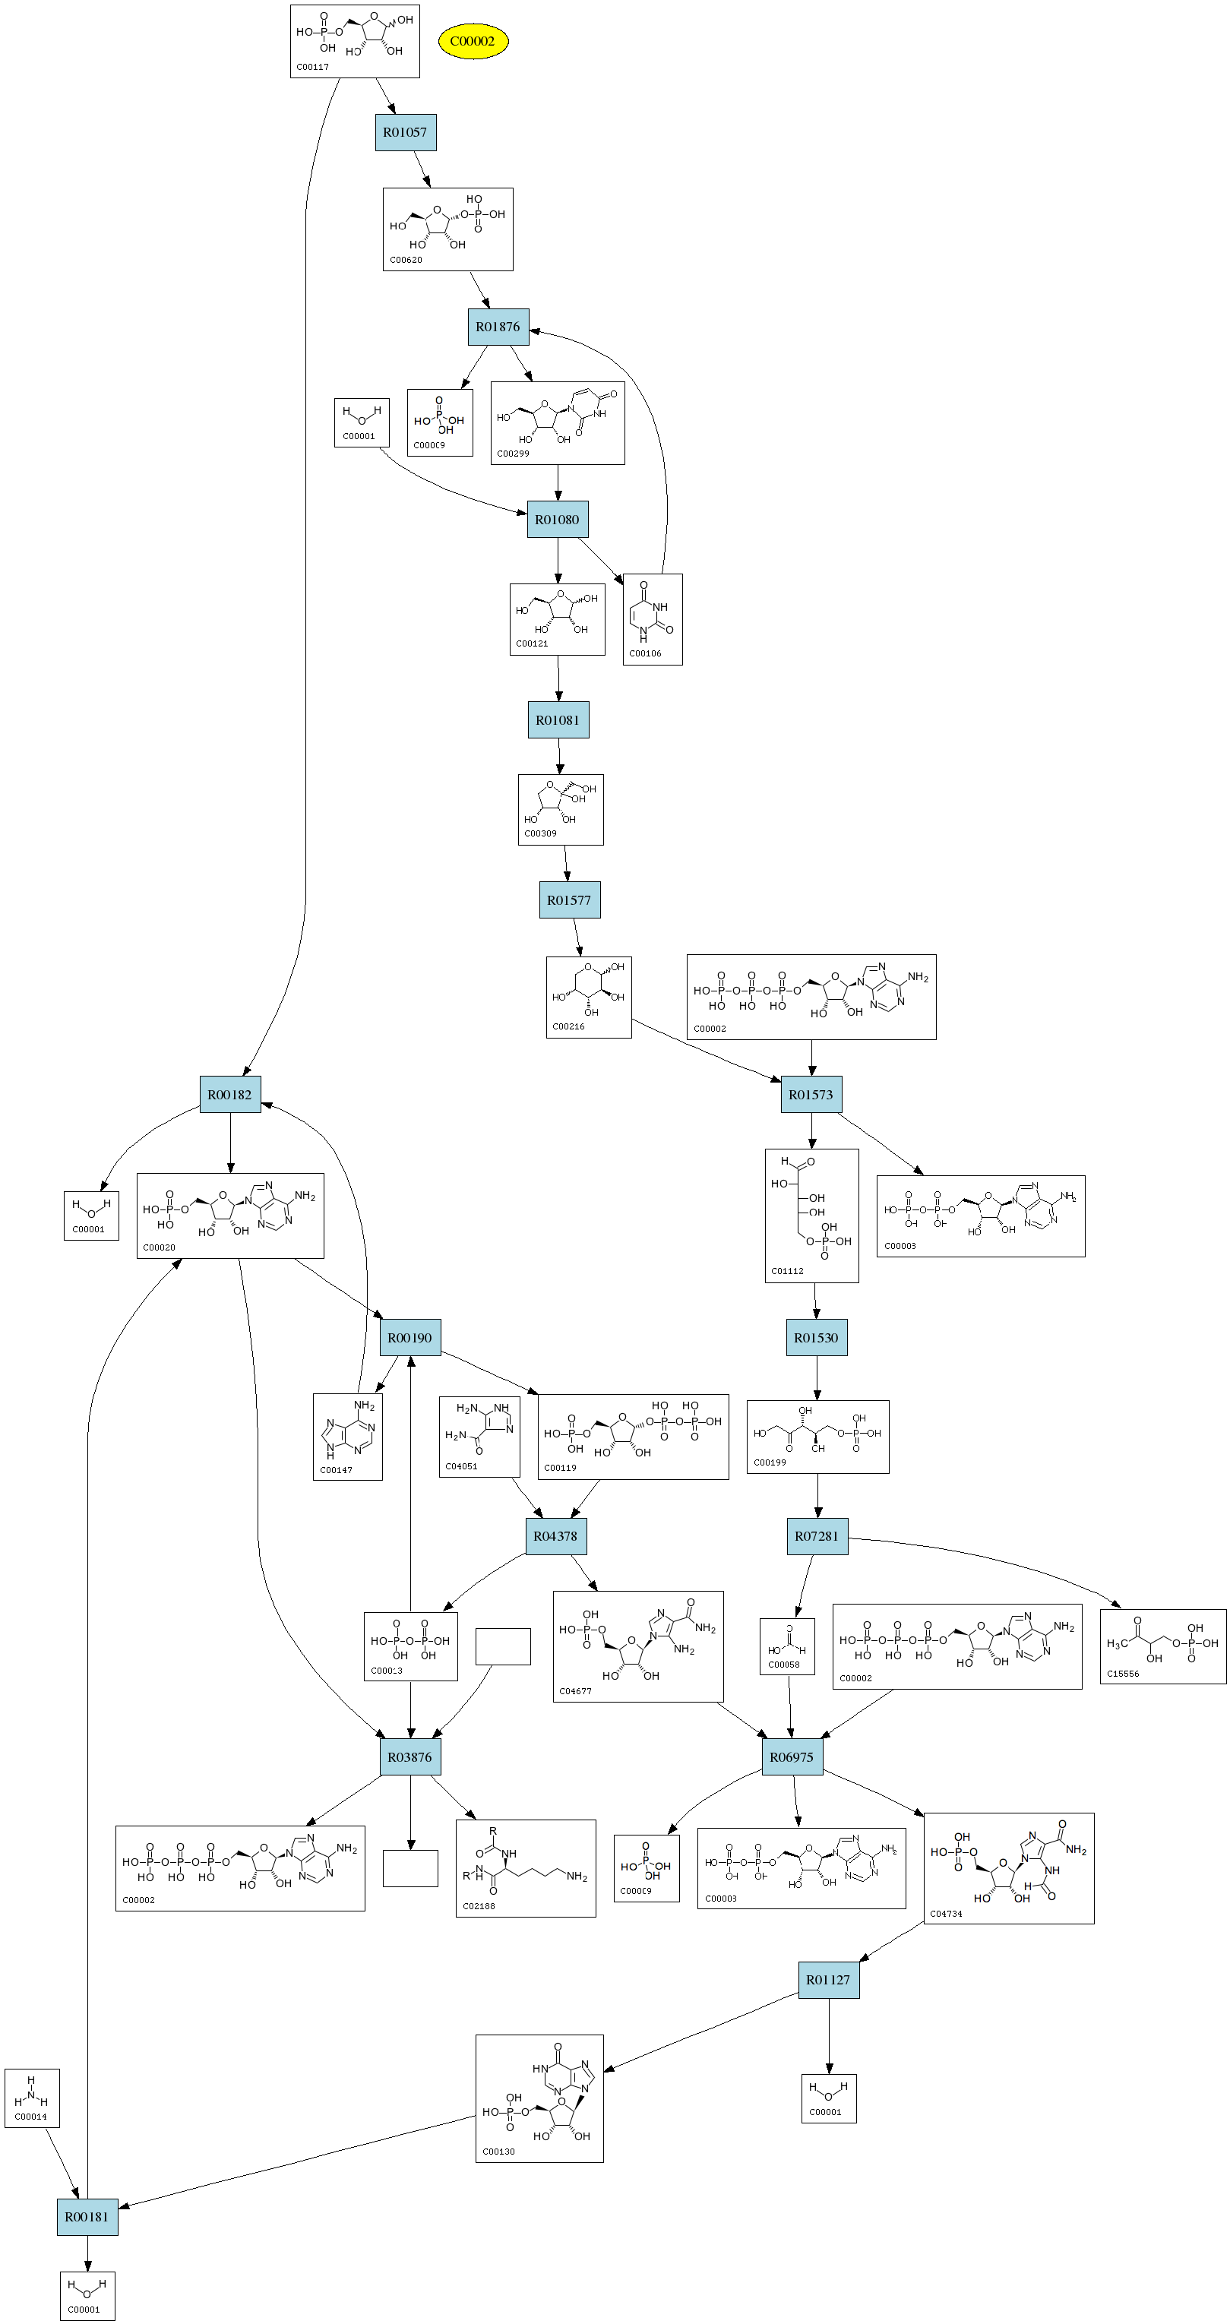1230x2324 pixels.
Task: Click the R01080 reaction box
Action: point(557,520)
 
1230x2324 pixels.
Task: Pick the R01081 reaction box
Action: point(558,720)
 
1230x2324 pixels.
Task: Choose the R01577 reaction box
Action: point(570,900)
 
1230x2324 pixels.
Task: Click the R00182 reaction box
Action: point(230,1094)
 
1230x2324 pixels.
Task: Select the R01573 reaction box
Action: point(811,1094)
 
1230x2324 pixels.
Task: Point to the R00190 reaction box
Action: point(409,1337)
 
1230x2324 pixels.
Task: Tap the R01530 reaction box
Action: point(816,1337)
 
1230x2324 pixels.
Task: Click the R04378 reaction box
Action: point(556,1535)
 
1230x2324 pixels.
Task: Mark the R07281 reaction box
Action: point(817,1535)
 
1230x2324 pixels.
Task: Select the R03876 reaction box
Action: point(409,1756)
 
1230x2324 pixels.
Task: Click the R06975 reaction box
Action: point(792,1756)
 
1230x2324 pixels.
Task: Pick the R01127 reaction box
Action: point(828,1979)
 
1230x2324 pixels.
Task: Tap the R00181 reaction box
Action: point(87,2215)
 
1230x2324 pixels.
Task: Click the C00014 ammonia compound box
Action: point(32,2098)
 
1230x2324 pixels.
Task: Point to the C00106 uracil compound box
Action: point(653,619)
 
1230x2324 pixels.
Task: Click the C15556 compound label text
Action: point(1123,1674)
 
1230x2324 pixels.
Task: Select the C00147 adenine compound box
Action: point(347,1436)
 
